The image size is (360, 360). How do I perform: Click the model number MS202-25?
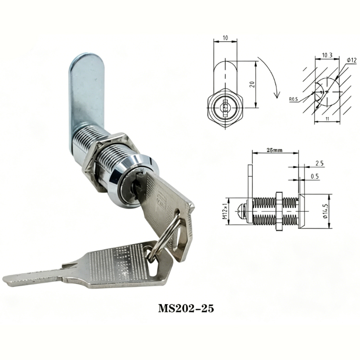coord(186,308)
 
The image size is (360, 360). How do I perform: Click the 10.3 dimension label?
coord(327,55)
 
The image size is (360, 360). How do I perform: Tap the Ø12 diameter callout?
coord(351,60)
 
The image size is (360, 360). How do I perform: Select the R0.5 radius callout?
coord(293,99)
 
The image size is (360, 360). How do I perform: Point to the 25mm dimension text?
coord(274,150)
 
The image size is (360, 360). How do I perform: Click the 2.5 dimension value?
coord(319,163)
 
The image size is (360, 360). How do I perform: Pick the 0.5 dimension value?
coord(315,176)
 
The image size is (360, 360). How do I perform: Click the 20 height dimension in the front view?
coord(252,84)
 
